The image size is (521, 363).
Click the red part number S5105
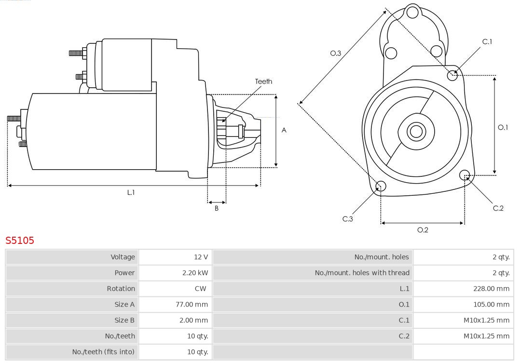point(20,240)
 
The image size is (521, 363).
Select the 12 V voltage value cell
point(201,257)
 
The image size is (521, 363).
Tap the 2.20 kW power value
point(195,273)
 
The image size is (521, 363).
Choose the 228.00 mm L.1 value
point(491,289)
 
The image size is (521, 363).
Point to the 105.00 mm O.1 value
point(491,305)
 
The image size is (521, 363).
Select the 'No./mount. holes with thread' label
point(362,273)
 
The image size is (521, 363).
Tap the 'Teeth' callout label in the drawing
point(263,81)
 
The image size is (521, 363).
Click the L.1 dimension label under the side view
point(131,192)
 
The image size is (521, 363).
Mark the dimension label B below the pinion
point(217,209)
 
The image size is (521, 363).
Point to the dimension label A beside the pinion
point(284,130)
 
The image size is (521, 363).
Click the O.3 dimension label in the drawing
point(336,54)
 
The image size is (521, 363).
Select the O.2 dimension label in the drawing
point(423,230)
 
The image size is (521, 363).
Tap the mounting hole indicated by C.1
point(452,75)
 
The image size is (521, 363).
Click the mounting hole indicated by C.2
point(465,175)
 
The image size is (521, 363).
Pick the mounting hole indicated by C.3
point(381,186)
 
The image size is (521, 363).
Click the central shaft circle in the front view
point(415,131)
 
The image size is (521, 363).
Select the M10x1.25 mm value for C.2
point(486,336)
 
